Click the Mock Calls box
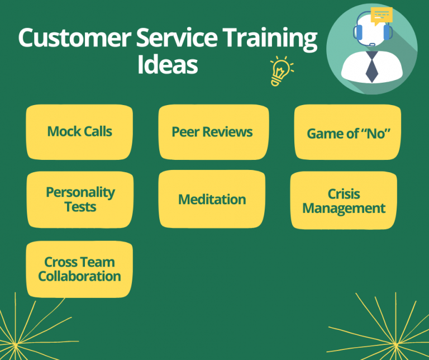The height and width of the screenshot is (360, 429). click(x=79, y=132)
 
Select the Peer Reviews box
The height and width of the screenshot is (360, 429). click(x=213, y=132)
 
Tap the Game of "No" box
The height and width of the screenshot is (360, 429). click(x=347, y=133)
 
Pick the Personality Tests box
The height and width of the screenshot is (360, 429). click(x=80, y=200)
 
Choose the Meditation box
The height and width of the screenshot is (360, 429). click(x=212, y=200)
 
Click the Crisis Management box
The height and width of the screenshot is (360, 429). click(x=344, y=201)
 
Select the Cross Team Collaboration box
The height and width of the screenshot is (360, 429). click(x=79, y=269)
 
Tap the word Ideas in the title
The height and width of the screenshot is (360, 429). click(x=168, y=65)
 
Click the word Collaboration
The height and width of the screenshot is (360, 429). click(x=79, y=276)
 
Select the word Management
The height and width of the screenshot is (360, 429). click(x=344, y=209)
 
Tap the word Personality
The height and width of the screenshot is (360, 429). click(x=80, y=192)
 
